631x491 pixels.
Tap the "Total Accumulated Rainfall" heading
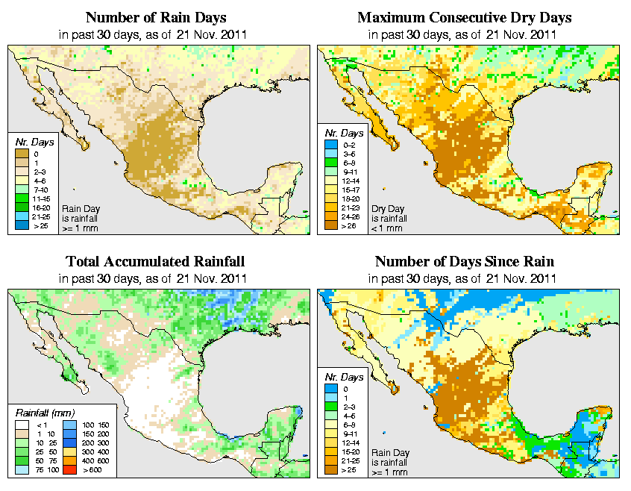pos(155,262)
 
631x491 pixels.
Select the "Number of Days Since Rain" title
pos(465,262)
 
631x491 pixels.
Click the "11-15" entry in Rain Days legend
pos(41,199)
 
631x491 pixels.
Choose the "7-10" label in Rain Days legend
pos(40,190)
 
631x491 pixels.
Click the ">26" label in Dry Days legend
pos(349,225)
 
